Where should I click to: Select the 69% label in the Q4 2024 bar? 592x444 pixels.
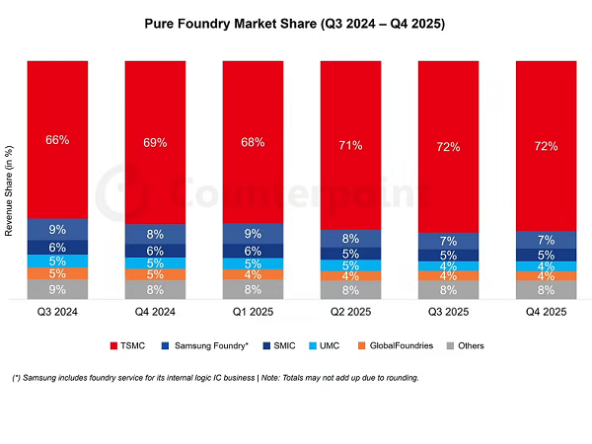click(x=155, y=143)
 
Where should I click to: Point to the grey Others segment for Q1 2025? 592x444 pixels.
click(x=253, y=290)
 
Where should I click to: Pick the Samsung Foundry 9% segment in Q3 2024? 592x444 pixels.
click(x=57, y=229)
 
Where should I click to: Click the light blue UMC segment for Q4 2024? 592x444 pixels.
click(x=155, y=263)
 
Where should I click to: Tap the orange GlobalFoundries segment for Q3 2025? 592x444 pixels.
click(x=448, y=276)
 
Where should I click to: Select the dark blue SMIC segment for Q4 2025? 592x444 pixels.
click(x=546, y=255)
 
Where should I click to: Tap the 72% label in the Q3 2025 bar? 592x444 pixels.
click(x=448, y=146)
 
